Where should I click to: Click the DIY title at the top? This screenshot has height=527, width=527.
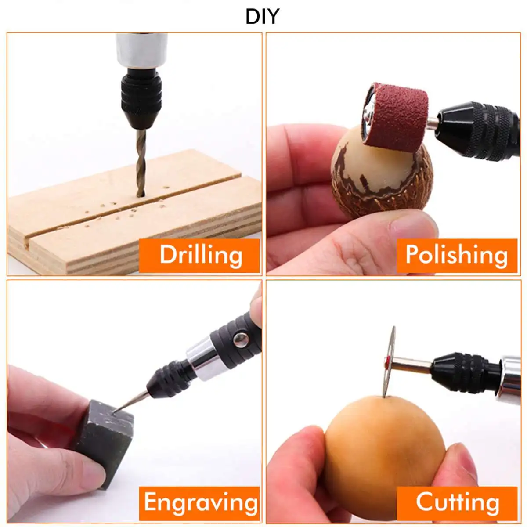pos(262,16)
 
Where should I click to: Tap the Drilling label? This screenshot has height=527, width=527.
pos(200,255)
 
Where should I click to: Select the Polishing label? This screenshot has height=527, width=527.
pos(457,255)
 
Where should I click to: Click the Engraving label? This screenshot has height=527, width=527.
pos(200,503)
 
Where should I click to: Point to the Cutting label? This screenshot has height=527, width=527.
pos(457,503)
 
